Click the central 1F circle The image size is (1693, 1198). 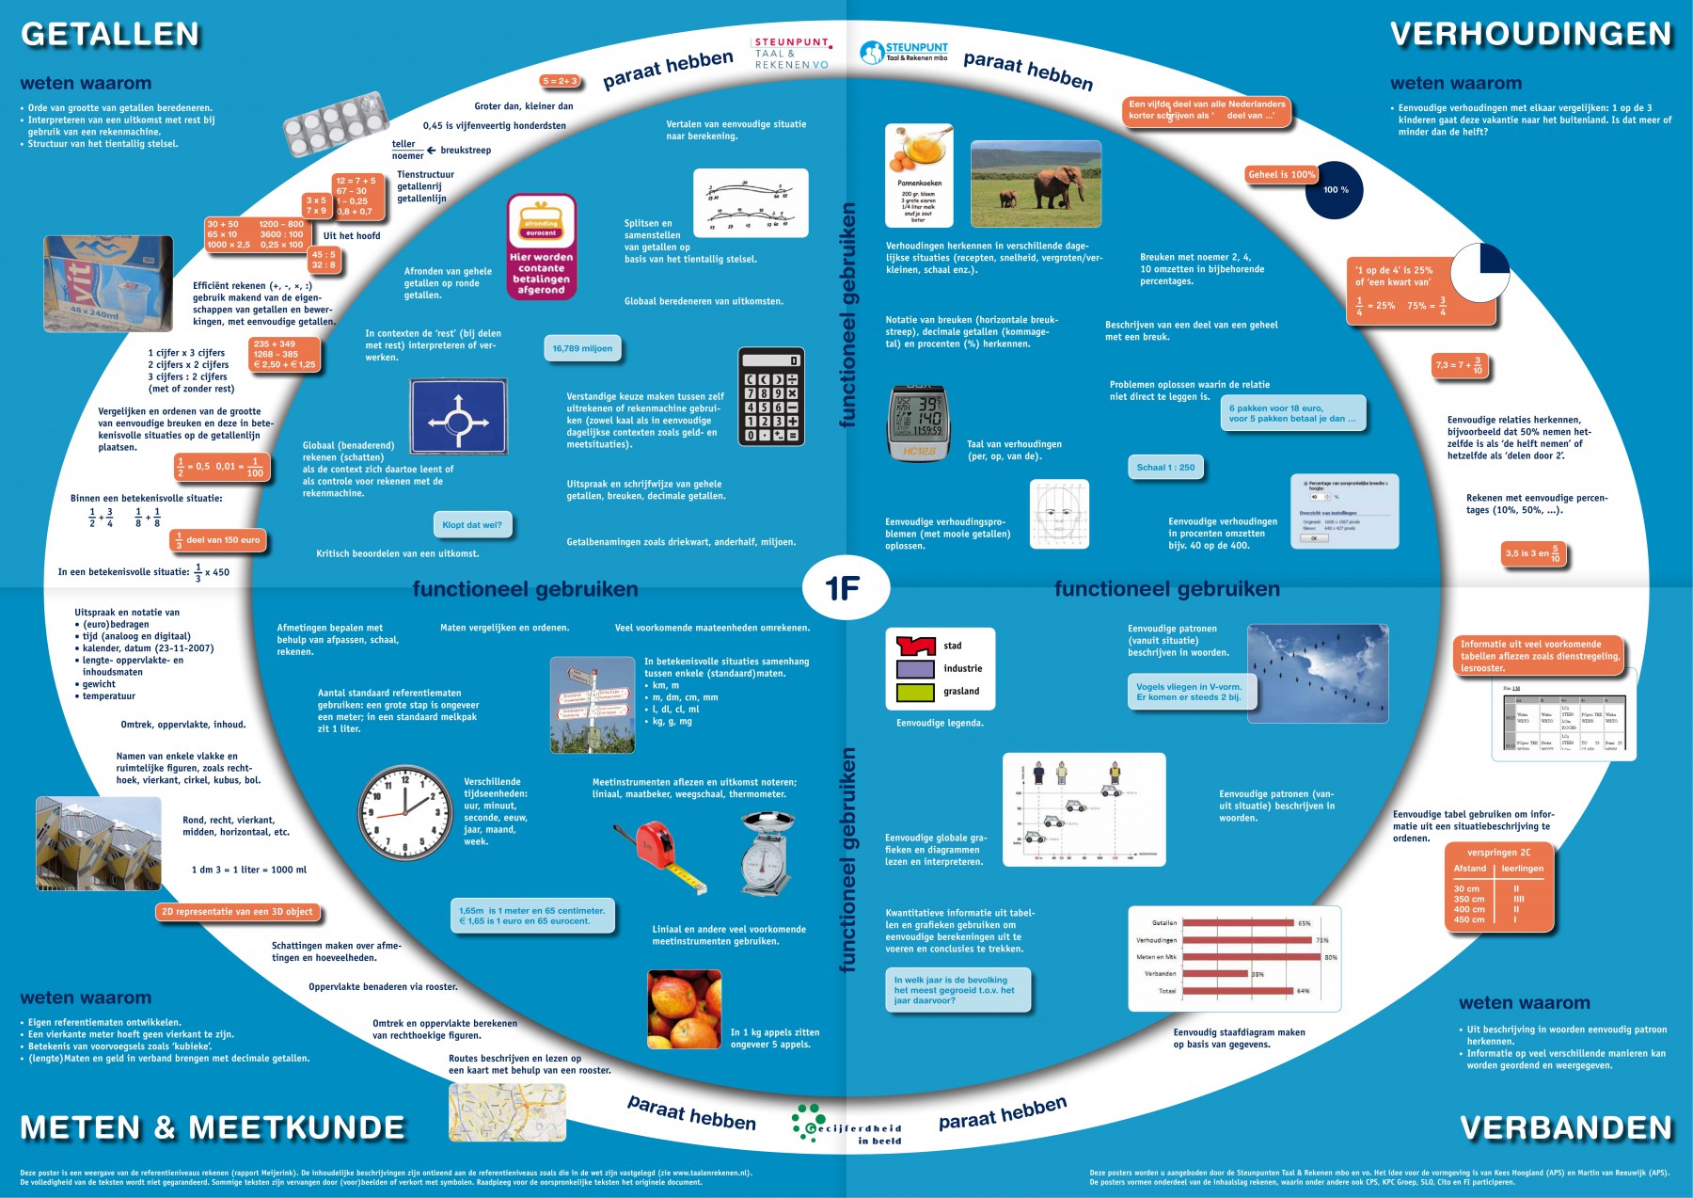point(844,588)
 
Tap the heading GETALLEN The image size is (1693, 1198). point(110,35)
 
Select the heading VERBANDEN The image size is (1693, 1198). point(1565,1127)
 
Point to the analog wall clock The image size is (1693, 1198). point(405,812)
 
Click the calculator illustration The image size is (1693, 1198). point(771,397)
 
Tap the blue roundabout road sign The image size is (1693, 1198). point(459,417)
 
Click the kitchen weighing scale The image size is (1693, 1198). point(767,853)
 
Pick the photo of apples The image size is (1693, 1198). point(684,1009)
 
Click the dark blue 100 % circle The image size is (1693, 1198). point(1334,190)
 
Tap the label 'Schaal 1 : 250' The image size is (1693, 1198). point(1165,467)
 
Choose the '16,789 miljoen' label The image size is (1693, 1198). point(582,348)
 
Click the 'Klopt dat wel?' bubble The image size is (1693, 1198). point(472,525)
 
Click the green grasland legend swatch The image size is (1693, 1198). point(914,692)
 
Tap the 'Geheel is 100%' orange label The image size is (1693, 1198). point(1281,174)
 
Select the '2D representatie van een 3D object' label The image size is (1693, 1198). point(237,911)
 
